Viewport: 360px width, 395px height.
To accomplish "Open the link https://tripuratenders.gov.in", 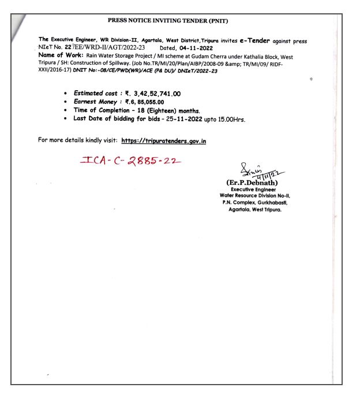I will point(164,140).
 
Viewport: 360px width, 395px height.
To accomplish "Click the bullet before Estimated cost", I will point(68,94).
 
